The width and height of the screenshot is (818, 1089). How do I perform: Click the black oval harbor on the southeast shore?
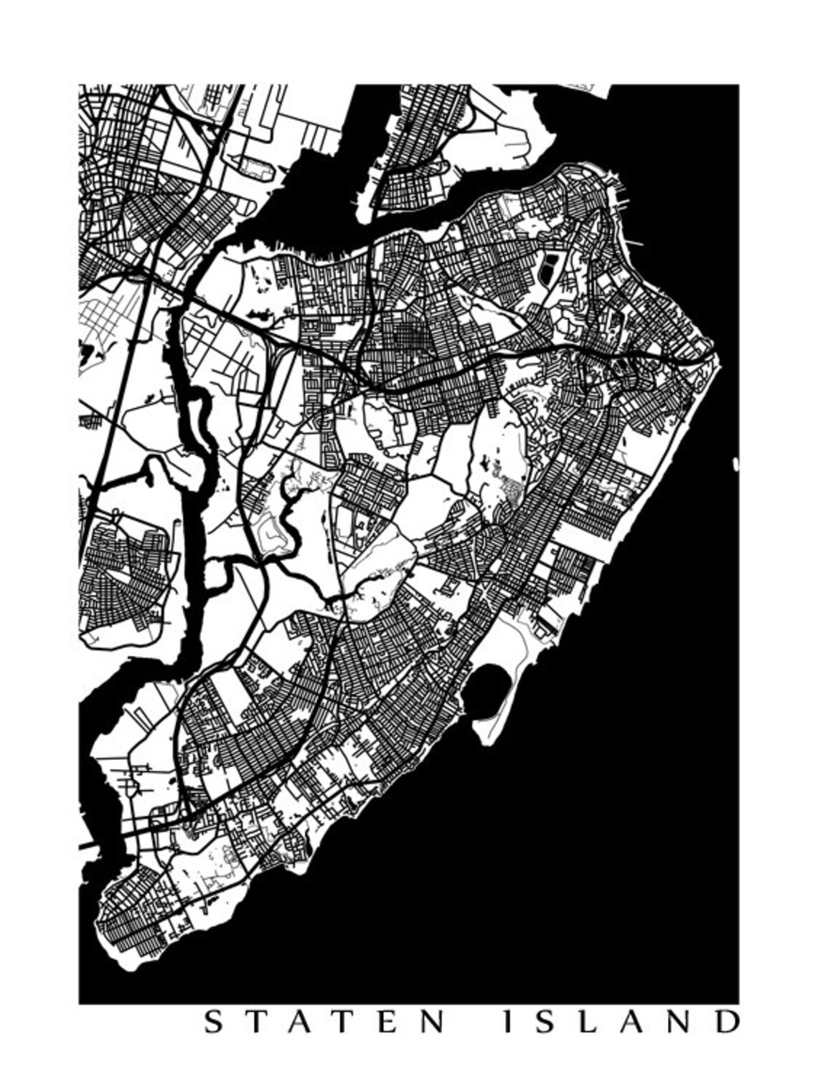tap(487, 689)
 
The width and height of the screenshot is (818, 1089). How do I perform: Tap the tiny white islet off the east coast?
tap(735, 464)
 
